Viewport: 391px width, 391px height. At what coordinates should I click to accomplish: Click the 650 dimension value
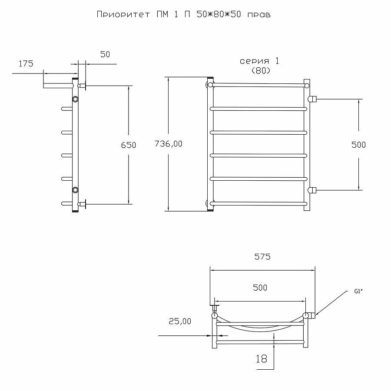[128, 145]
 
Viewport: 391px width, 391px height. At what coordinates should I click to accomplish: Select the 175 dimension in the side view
[26, 64]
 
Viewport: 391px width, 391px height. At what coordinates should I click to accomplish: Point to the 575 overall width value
[262, 257]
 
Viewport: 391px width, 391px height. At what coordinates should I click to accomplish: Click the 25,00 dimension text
[179, 321]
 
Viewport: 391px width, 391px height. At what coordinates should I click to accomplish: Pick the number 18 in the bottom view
[261, 359]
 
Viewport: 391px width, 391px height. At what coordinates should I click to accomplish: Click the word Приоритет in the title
[118, 15]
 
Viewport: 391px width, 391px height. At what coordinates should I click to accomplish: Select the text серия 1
[260, 61]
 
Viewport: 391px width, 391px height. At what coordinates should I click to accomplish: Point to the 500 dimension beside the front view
[358, 145]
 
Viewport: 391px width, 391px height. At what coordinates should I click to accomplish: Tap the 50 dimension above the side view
[105, 54]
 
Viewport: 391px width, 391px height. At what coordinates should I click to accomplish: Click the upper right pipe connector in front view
[312, 99]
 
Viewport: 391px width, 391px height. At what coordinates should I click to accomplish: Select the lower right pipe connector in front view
[312, 190]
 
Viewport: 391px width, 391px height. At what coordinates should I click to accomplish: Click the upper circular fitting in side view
[76, 99]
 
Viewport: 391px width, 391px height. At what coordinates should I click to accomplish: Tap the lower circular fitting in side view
[76, 190]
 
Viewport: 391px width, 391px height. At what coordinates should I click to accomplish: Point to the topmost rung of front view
[258, 84]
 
